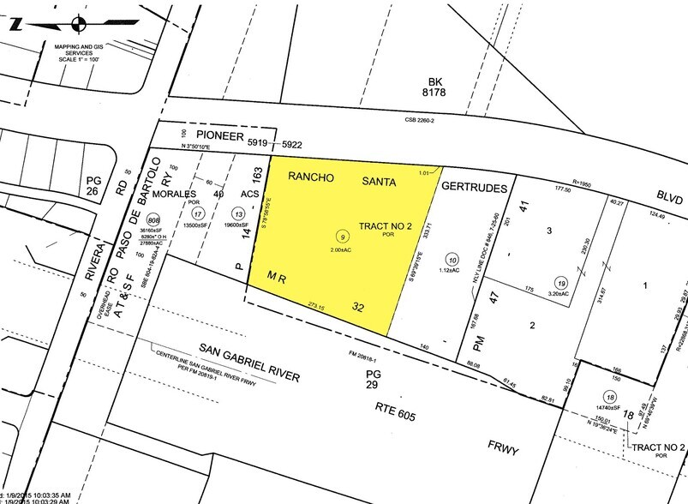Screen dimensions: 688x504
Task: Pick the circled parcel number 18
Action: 609,397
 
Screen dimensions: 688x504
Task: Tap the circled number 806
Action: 154,219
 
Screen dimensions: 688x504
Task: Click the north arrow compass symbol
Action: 78,23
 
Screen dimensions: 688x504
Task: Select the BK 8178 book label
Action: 457,88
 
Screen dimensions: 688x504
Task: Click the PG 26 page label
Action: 93,185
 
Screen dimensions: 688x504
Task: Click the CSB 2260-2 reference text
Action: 417,122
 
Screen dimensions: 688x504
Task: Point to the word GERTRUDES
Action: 475,185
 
